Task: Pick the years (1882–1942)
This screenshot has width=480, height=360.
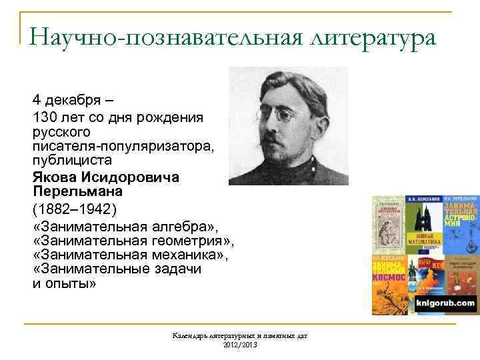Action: click(74, 209)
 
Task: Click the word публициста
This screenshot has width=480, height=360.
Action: click(72, 161)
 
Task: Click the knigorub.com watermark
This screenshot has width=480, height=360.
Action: click(445, 304)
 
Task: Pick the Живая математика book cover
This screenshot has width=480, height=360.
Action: click(425, 226)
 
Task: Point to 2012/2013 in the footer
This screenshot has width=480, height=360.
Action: click(240, 344)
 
